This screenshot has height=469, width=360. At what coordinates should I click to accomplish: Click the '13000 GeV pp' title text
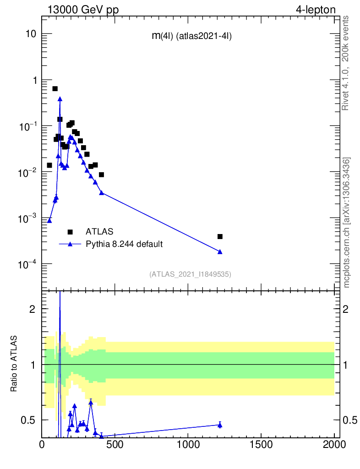(82, 10)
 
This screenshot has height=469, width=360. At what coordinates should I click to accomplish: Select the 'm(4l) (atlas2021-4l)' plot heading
(191, 37)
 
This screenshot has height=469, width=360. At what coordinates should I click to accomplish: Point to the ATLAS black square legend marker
(70, 232)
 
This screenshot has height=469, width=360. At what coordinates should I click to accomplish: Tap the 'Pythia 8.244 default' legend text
(124, 244)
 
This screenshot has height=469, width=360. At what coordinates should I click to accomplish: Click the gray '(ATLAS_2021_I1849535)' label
(190, 274)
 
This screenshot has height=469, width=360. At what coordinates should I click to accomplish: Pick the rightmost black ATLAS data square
(220, 236)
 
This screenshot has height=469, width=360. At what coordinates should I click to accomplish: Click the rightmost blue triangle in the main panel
(220, 251)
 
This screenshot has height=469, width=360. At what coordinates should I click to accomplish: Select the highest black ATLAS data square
(55, 88)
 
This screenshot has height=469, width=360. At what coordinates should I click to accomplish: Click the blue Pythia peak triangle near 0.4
(60, 98)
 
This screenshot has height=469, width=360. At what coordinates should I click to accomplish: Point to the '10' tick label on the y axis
(31, 34)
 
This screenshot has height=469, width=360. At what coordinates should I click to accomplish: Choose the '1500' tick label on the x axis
(261, 444)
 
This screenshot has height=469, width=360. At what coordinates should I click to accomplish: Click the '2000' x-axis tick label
(334, 444)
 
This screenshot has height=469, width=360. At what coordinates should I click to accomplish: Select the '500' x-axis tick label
(115, 444)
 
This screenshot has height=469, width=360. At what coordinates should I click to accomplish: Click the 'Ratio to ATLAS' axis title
(15, 365)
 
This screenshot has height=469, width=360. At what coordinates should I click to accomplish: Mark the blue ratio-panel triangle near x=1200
(220, 425)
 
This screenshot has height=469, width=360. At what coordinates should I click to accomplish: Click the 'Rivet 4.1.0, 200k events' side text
(345, 63)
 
